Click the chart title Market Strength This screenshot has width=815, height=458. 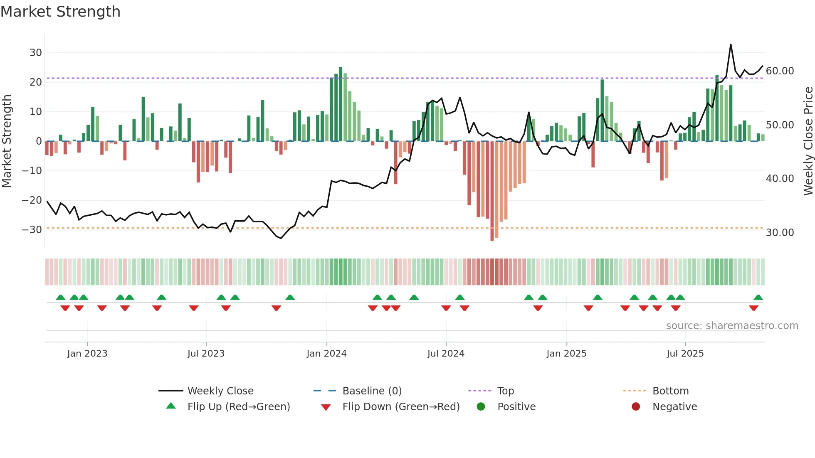click(x=60, y=12)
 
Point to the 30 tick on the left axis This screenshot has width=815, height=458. click(x=36, y=53)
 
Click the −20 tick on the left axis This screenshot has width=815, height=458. click(x=32, y=200)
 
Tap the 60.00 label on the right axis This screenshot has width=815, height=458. click(x=780, y=71)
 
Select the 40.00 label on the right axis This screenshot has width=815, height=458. click(x=780, y=179)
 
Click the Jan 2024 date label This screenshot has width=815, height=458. click(x=326, y=354)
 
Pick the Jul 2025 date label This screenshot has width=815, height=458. click(x=685, y=354)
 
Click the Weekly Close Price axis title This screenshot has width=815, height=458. click(x=808, y=141)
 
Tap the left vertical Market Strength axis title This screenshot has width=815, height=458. click(x=7, y=141)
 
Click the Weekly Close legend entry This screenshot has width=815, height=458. click(x=220, y=391)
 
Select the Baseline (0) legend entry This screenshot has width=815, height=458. click(x=372, y=391)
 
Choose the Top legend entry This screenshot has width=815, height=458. click(x=505, y=391)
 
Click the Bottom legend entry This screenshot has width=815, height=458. click(x=670, y=391)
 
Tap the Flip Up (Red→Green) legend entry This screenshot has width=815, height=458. click(x=238, y=407)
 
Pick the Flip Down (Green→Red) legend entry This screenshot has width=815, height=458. click(x=401, y=407)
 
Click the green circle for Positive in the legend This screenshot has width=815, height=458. click(x=481, y=407)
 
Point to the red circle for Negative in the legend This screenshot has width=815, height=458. click(x=636, y=407)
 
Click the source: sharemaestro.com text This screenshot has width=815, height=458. click(x=732, y=326)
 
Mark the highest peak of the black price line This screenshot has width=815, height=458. click(x=731, y=45)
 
